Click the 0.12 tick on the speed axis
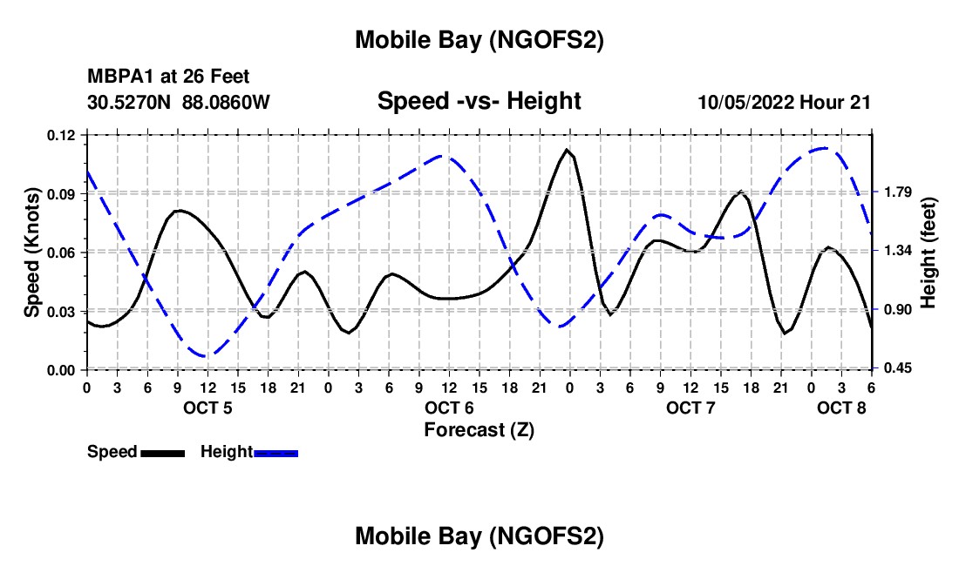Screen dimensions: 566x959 62,135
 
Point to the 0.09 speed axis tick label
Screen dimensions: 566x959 62,193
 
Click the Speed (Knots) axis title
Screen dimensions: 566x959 32,253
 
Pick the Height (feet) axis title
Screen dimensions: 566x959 928,253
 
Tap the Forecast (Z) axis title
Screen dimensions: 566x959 479,429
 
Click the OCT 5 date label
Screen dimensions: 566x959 207,408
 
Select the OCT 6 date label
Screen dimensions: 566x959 449,408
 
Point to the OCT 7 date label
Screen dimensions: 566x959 690,408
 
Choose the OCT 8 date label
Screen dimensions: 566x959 841,408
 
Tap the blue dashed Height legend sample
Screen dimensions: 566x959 276,453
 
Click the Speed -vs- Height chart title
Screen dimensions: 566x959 479,101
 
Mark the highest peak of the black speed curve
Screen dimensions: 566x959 567,150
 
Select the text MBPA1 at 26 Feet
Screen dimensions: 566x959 168,77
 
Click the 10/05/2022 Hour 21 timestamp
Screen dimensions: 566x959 785,102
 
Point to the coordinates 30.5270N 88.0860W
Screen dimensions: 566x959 179,102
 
